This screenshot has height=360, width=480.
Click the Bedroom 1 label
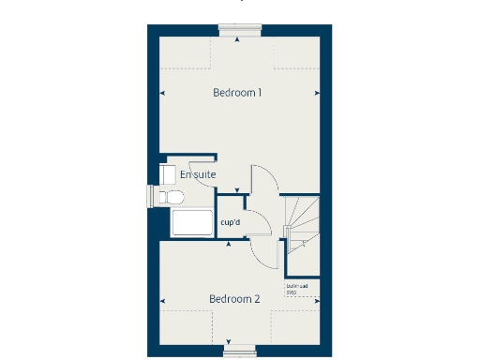[236, 93]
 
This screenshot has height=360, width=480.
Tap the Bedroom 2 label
[233, 299]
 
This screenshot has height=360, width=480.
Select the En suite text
[198, 174]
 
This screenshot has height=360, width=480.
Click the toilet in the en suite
[170, 196]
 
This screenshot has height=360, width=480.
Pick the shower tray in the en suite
[193, 223]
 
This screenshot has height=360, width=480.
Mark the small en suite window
[150, 195]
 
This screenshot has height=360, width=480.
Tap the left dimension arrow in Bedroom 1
[164, 93]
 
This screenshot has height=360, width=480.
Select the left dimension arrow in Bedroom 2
[164, 301]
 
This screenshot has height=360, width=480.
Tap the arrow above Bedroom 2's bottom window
[233, 340]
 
